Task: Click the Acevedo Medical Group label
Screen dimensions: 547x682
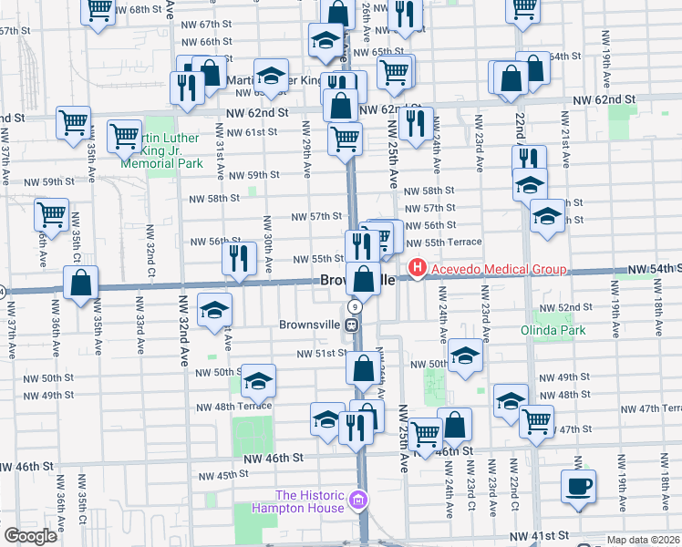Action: click(499, 269)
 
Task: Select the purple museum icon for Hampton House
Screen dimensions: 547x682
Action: click(358, 501)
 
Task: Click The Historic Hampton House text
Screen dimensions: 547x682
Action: click(297, 501)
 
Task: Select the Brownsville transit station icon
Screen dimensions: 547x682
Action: click(351, 325)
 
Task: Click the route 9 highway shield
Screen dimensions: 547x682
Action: click(352, 308)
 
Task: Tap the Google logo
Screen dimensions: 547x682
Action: click(31, 536)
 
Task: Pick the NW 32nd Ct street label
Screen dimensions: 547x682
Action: click(150, 255)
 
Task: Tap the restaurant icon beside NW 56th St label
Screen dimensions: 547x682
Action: click(239, 258)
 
